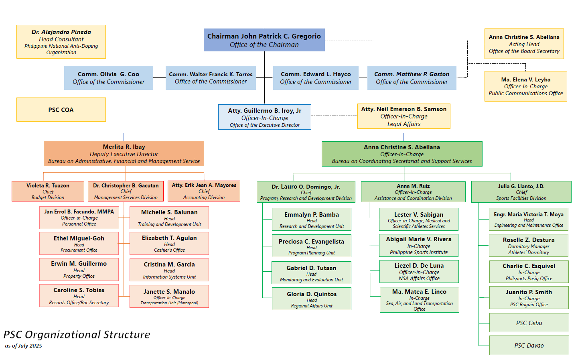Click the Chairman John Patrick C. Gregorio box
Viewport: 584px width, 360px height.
(x=264, y=40)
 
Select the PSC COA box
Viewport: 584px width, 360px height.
(x=61, y=110)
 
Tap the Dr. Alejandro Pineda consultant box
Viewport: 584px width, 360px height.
(x=61, y=42)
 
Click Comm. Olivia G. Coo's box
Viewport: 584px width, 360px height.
(x=108, y=78)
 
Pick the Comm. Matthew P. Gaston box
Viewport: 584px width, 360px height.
(x=412, y=78)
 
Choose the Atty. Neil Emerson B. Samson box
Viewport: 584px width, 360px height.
(x=404, y=116)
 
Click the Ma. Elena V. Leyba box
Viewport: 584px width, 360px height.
(x=525, y=86)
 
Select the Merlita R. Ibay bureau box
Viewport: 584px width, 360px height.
(x=124, y=154)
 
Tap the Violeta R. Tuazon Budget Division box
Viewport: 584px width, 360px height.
(x=48, y=191)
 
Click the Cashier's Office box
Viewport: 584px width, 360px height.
(x=169, y=243)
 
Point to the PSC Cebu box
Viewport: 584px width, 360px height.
(x=529, y=323)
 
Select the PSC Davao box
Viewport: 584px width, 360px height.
(x=529, y=345)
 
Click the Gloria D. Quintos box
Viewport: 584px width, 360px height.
(x=312, y=299)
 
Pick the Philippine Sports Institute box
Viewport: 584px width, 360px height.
(x=419, y=246)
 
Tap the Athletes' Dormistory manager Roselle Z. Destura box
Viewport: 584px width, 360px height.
(x=529, y=246)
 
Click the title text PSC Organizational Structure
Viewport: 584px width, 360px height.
(x=77, y=334)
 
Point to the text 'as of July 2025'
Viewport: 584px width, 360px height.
(x=23, y=346)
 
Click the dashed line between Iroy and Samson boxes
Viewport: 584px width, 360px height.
(x=334, y=116)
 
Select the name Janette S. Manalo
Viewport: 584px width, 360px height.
(x=169, y=292)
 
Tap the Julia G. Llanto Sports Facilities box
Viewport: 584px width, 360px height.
(x=521, y=192)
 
